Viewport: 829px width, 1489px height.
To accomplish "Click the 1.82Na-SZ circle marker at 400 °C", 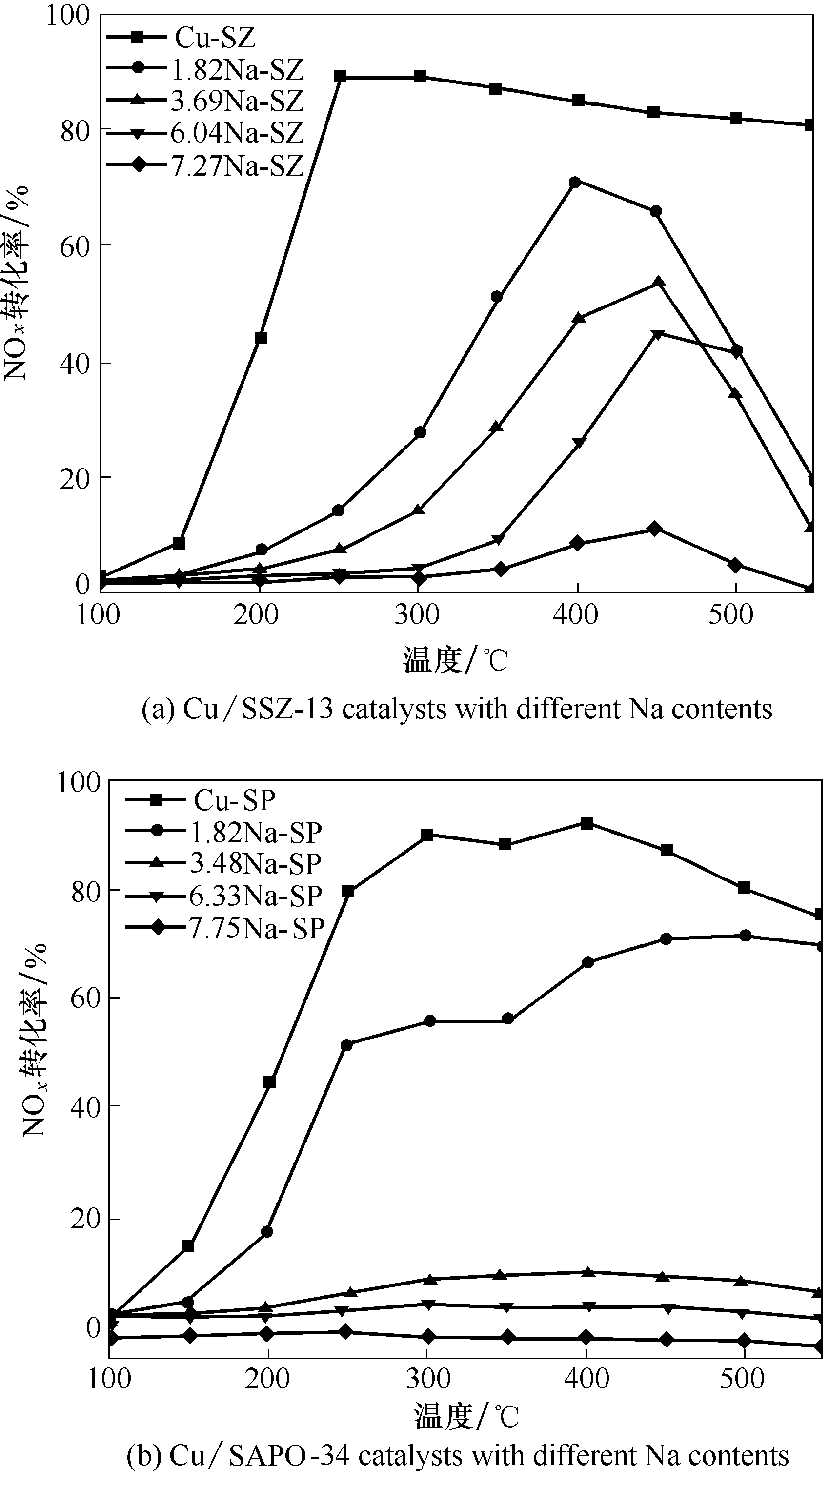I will pos(575,183).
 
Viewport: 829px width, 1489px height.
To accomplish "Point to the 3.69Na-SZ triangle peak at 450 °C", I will pos(658,282).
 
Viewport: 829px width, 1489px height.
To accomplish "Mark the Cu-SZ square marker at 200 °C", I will pos(261,338).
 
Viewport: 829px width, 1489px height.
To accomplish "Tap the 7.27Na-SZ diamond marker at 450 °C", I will pos(654,529).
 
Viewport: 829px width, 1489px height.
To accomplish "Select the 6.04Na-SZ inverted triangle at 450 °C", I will pos(656,334).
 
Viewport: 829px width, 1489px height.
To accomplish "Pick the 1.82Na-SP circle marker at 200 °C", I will pos(267,1232).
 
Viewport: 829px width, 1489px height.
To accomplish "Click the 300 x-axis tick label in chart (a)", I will pos(417,614).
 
